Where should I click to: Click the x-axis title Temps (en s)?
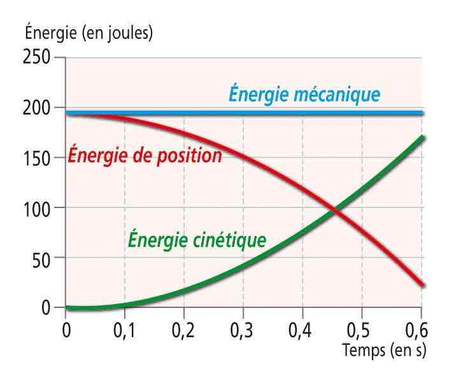tap(384, 350)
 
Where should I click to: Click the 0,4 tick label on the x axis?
tap(302, 332)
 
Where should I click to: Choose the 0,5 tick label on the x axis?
tap(362, 332)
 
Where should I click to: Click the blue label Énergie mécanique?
tap(304, 95)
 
